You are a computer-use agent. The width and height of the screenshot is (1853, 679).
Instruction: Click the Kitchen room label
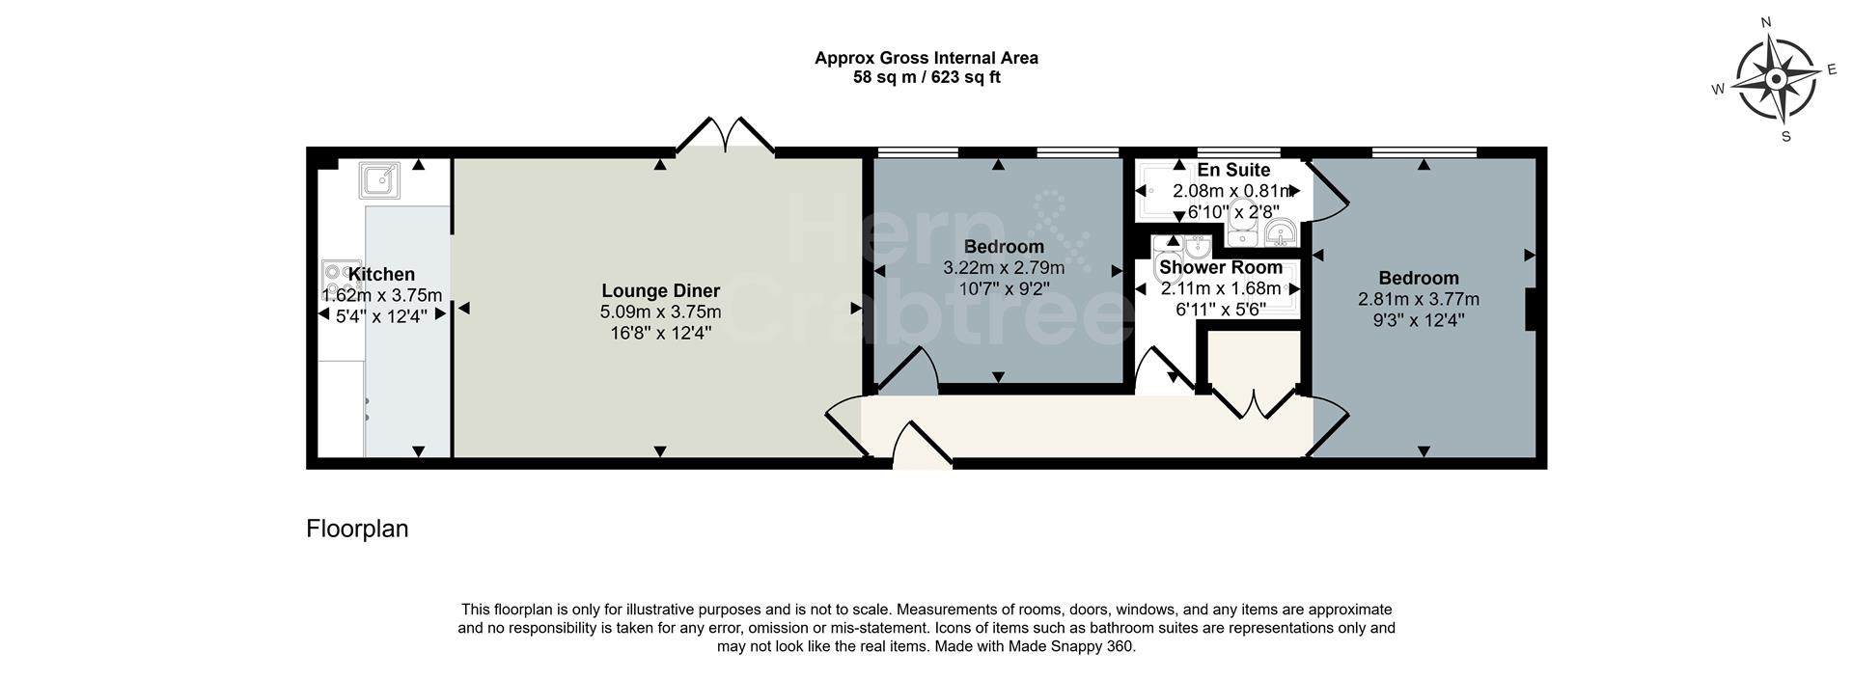(381, 275)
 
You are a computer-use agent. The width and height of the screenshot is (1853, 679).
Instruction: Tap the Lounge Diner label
(660, 291)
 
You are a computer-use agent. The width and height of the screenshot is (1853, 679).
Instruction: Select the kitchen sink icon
(380, 180)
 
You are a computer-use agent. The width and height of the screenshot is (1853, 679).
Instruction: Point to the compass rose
(1776, 79)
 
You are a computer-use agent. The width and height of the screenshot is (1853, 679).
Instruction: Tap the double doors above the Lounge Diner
(725, 136)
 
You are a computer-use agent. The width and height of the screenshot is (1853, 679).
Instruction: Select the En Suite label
(1233, 171)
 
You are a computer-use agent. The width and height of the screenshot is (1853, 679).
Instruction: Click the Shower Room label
(1221, 268)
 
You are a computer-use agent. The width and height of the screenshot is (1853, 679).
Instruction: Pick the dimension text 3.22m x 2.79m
(1003, 268)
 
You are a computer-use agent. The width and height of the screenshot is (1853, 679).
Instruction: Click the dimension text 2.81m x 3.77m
(1418, 300)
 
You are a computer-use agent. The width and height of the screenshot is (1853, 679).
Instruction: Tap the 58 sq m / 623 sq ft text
(926, 77)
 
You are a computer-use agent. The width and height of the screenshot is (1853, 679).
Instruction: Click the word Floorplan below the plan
(357, 529)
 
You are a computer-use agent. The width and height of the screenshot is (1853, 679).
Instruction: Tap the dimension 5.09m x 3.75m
(660, 312)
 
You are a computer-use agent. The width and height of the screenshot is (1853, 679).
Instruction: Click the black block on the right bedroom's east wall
(1530, 311)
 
